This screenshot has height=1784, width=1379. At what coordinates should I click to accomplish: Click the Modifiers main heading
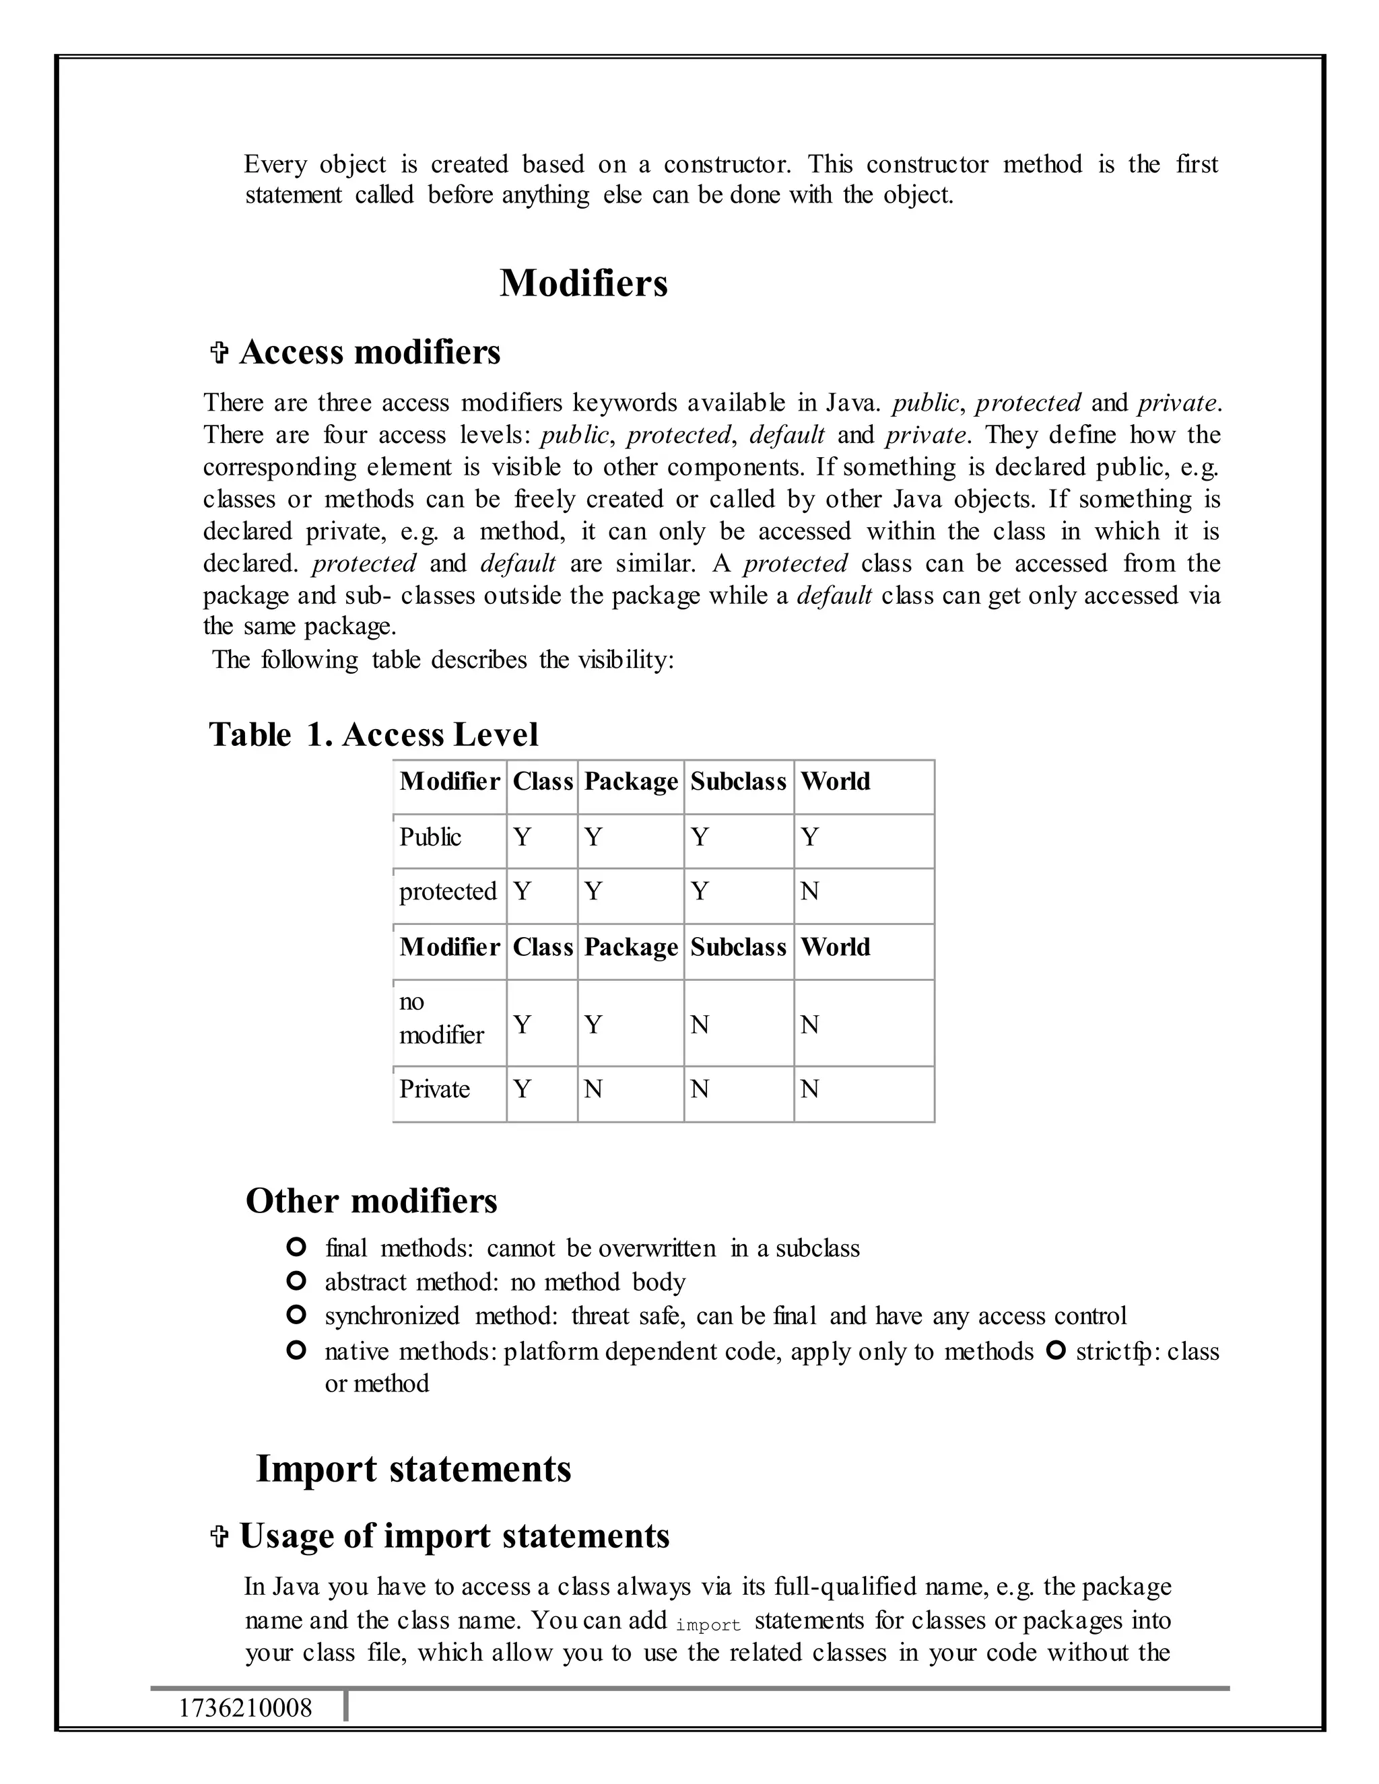(583, 283)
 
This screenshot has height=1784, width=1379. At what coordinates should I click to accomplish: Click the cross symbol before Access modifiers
(218, 353)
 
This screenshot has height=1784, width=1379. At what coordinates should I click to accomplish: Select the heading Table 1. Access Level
(373, 734)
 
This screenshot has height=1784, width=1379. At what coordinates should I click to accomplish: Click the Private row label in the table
(434, 1090)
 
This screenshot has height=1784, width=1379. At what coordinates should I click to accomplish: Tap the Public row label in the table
(430, 837)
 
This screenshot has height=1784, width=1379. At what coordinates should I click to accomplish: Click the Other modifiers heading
(371, 1201)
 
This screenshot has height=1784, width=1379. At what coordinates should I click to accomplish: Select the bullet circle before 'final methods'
(296, 1247)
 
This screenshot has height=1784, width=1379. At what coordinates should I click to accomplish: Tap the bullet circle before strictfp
(1056, 1351)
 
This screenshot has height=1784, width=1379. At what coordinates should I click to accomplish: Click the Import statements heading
(413, 1469)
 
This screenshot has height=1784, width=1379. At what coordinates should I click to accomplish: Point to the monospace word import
(708, 1626)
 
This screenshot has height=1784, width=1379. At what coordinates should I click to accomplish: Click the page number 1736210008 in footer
(245, 1708)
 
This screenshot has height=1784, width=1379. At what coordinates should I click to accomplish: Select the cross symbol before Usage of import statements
(218, 1536)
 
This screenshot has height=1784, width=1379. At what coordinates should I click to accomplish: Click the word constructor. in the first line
(727, 164)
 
